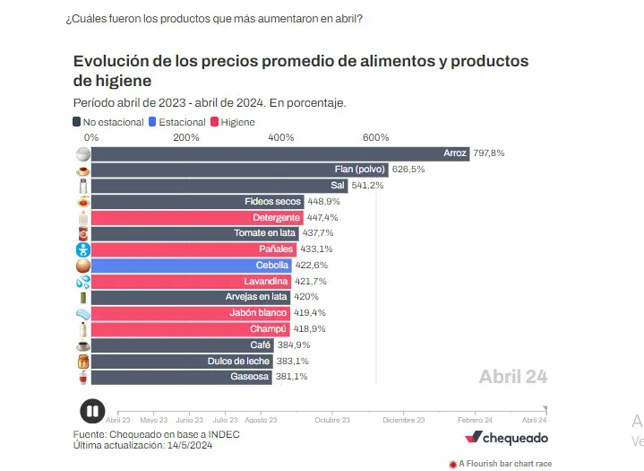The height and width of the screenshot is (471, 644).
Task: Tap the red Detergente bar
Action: click(x=196, y=218)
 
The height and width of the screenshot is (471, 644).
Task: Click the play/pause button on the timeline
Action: click(x=92, y=411)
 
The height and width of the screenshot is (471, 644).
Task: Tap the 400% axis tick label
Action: click(x=280, y=137)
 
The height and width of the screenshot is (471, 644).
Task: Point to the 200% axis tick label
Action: click(x=185, y=137)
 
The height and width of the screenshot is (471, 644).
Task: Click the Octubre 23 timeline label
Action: click(x=332, y=420)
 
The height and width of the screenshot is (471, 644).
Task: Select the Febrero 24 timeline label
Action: click(x=476, y=420)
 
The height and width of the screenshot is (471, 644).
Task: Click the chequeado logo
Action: click(x=506, y=438)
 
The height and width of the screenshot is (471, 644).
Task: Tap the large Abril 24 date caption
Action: click(x=512, y=377)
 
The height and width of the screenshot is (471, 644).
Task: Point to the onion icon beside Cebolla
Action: click(x=82, y=266)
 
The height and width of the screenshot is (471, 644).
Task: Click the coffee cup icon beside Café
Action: click(x=82, y=345)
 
